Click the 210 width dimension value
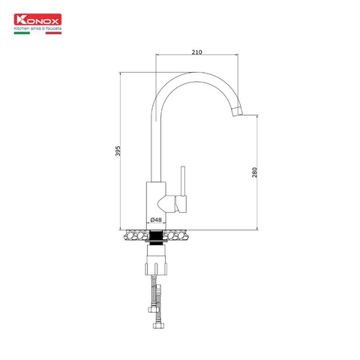[196, 52]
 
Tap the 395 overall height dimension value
[118, 151]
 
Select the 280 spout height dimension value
[254, 172]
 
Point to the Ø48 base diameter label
[156, 220]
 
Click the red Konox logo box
[37, 19]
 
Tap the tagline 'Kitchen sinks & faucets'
[37, 28]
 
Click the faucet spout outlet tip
[238, 110]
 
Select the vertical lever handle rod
[183, 181]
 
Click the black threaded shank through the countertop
[156, 236]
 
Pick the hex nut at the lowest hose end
[158, 325]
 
